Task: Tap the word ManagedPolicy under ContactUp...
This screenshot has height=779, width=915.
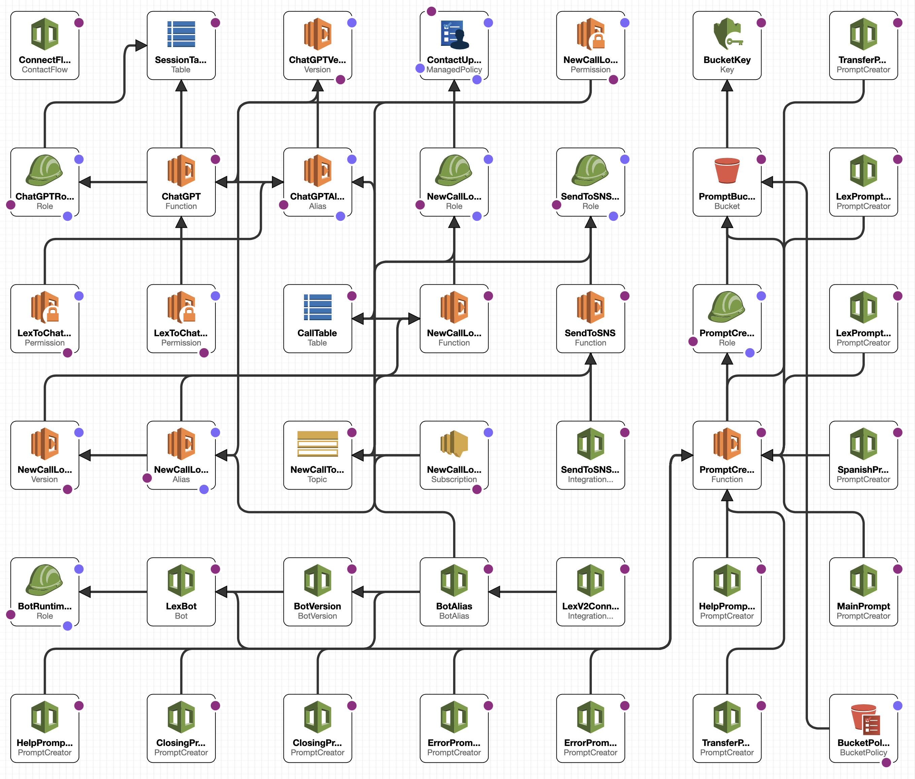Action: (x=454, y=70)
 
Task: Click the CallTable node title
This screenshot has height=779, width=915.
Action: (x=317, y=333)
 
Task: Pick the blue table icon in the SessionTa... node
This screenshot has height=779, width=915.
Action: (x=181, y=34)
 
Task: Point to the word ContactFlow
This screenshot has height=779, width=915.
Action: (x=44, y=70)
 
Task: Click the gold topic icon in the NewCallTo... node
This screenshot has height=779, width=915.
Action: (x=317, y=443)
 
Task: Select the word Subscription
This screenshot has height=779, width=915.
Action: (x=454, y=479)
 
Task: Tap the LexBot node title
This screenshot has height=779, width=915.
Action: (x=181, y=606)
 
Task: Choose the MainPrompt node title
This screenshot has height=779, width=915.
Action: (x=863, y=606)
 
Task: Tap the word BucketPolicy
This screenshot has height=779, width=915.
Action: (x=863, y=752)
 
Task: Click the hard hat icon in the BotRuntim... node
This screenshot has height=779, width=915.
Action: (x=44, y=580)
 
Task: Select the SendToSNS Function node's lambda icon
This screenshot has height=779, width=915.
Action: (x=590, y=307)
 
